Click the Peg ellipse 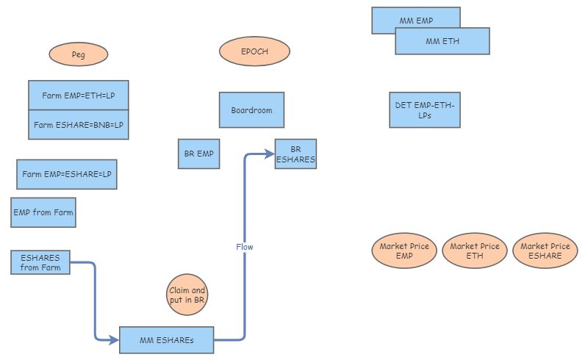(x=79, y=54)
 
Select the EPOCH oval (x=255, y=51)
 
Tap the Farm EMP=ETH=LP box (x=79, y=96)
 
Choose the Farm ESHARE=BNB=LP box (x=79, y=125)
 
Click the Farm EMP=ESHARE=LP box (x=67, y=174)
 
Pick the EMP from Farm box (x=43, y=212)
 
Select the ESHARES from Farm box (x=40, y=262)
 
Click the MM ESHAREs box (x=166, y=340)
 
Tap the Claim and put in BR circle (x=187, y=295)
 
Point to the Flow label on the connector (x=245, y=247)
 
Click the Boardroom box (x=251, y=110)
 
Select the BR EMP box (x=198, y=154)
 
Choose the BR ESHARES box (x=295, y=154)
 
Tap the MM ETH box (x=442, y=42)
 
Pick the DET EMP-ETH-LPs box (x=424, y=110)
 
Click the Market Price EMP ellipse (x=404, y=251)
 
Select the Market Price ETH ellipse (x=475, y=251)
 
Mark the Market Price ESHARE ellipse (x=545, y=251)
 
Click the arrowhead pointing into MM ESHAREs (x=114, y=340)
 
